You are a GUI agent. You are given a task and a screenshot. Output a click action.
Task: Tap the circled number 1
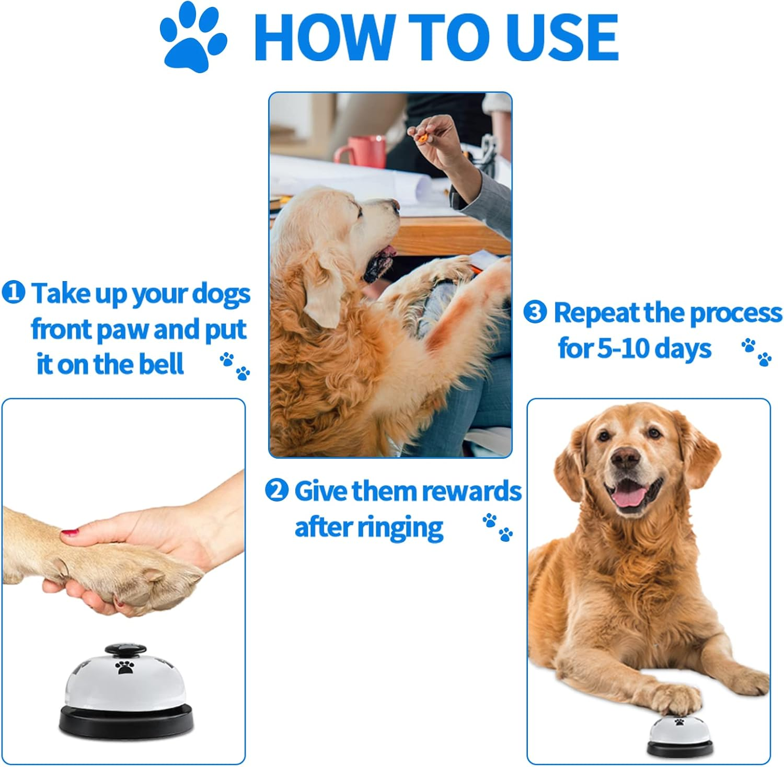click(x=13, y=293)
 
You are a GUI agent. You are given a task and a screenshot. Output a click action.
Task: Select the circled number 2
click(x=276, y=491)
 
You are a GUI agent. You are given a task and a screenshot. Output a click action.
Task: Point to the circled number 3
click(x=535, y=312)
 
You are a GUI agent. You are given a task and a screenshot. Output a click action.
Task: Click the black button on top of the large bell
click(x=125, y=650)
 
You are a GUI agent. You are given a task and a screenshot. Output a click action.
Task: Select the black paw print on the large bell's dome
click(x=125, y=667)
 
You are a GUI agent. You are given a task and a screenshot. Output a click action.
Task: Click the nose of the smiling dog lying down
click(x=625, y=459)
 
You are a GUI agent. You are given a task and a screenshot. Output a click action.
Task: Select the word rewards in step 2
click(x=471, y=492)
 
